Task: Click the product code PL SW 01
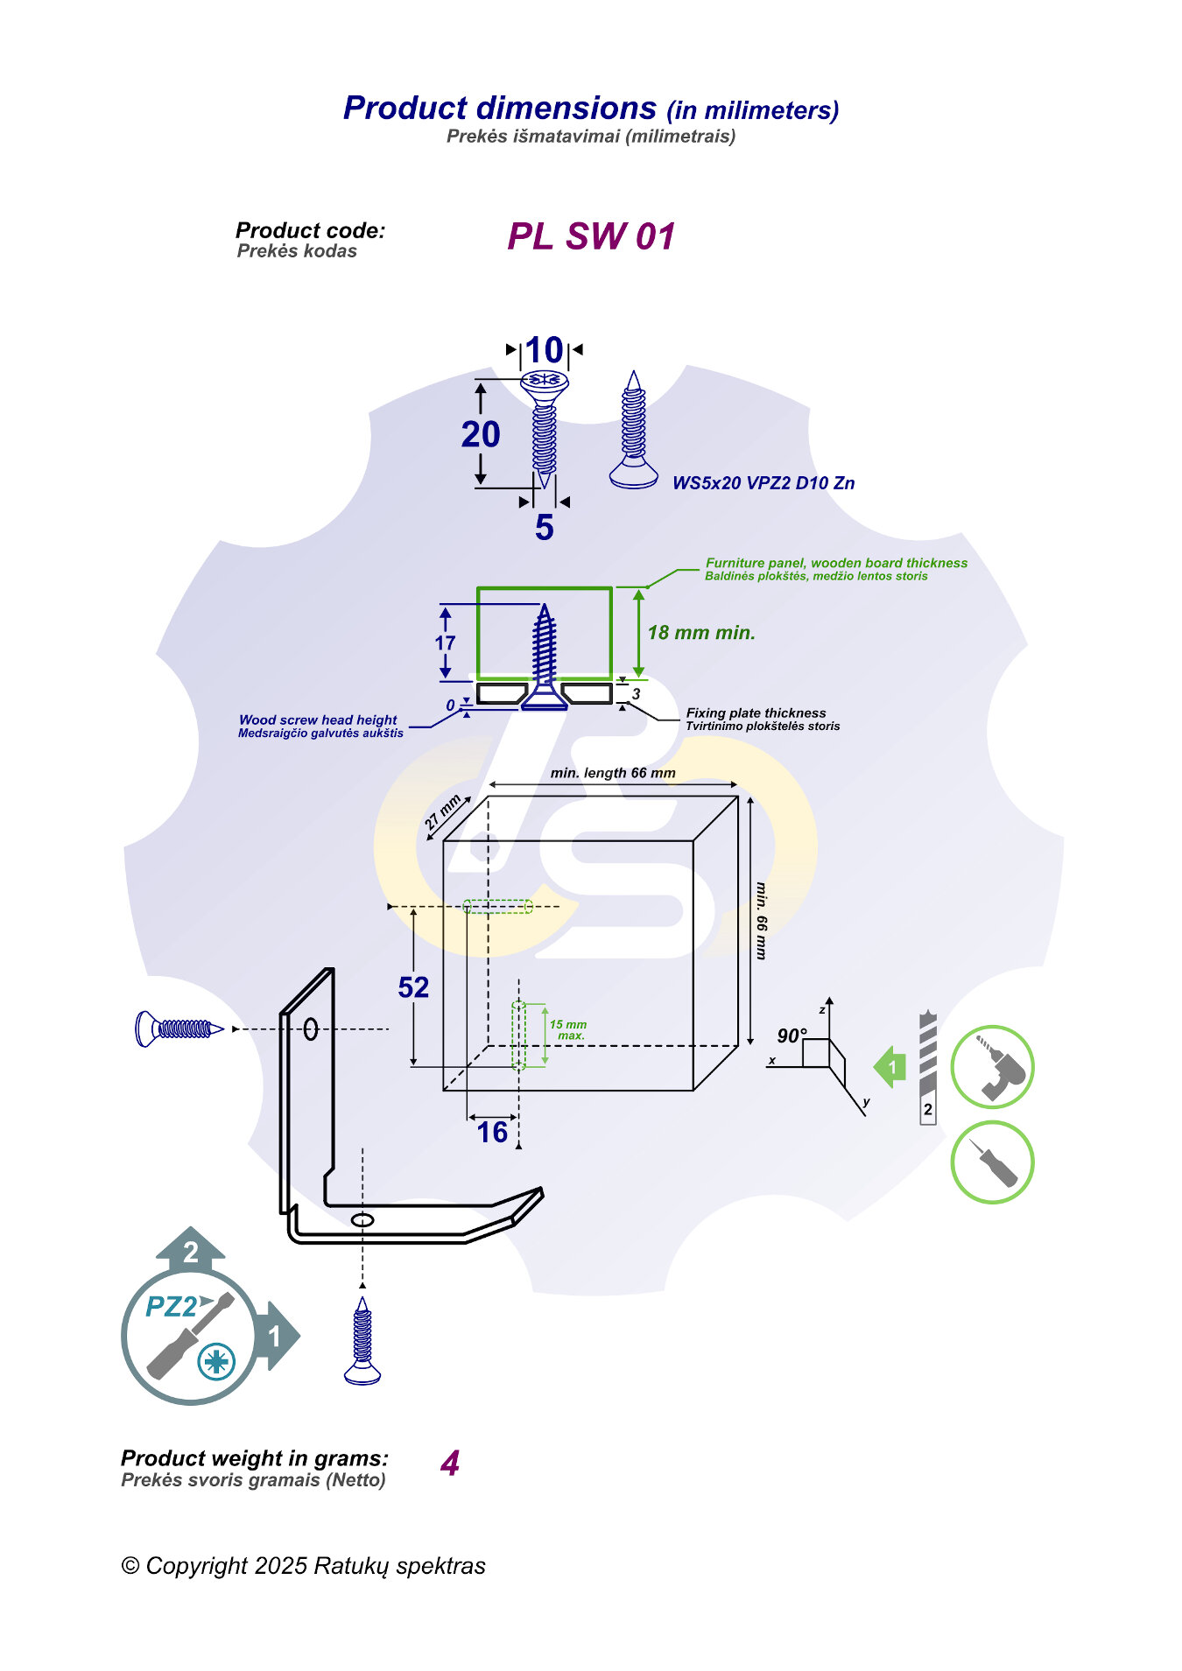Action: click(591, 236)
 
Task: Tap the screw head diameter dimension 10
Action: click(544, 350)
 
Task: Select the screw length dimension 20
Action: click(481, 434)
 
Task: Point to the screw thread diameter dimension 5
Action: click(544, 527)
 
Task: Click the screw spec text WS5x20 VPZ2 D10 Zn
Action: click(763, 483)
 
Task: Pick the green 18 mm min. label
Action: click(701, 633)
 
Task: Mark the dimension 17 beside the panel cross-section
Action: click(445, 643)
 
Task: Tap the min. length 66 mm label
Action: click(613, 773)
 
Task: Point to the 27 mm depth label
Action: click(443, 813)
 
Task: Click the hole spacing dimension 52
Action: click(413, 987)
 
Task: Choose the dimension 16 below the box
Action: click(492, 1133)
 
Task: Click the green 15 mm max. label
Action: click(568, 1030)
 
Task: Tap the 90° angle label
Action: click(792, 1036)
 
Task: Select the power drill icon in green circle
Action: click(992, 1068)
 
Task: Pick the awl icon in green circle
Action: click(992, 1162)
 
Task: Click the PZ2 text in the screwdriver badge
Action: click(172, 1307)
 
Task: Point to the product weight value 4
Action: click(450, 1464)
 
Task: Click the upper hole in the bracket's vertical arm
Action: click(310, 1029)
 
